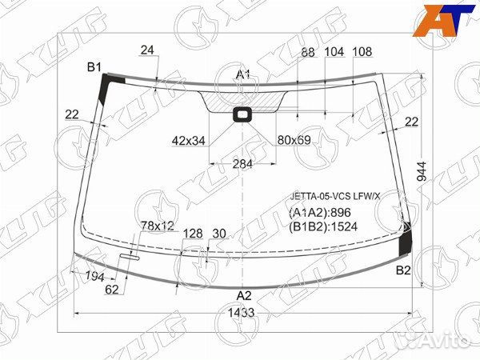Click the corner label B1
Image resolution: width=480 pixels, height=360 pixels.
pos(94,66)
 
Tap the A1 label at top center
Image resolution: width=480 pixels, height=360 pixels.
pos(243,74)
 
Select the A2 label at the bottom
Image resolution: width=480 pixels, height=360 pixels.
pos(243,294)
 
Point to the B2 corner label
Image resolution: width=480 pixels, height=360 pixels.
pos(404,270)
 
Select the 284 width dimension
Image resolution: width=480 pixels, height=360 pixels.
pos(242,164)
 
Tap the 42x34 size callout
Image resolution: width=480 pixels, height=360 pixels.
pos(189,141)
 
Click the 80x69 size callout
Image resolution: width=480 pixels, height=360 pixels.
pos(294,141)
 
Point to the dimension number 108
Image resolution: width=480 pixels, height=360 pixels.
pos(362,52)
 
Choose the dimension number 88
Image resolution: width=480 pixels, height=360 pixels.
pos(308,52)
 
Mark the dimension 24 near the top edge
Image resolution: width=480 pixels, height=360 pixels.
pos(146,50)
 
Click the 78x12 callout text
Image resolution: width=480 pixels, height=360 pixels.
pos(158,226)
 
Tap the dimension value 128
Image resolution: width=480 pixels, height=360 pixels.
pos(193,234)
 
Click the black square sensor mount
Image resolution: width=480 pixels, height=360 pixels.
pos(241,114)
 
